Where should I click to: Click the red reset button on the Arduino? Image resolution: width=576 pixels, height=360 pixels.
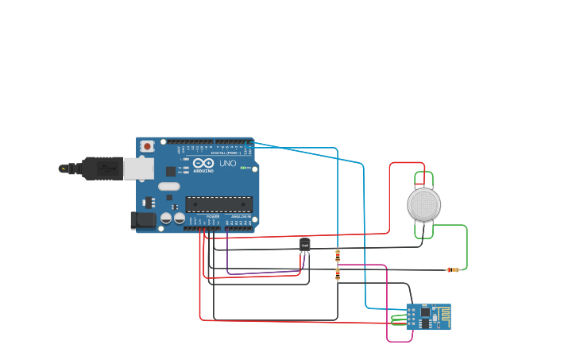pos(148,146)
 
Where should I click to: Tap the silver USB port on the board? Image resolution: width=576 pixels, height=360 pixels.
pos(138,168)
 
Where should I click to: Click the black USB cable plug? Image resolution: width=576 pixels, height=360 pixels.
pos(99,168)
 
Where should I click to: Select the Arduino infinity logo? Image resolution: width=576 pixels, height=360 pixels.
pos(198,164)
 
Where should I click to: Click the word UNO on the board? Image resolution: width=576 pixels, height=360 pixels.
pos(227,164)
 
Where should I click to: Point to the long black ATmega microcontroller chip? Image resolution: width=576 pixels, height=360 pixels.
pos(218,204)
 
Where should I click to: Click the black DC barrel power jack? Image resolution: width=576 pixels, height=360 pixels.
pos(144,220)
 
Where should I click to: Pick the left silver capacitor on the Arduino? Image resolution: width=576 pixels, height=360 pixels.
pos(167,217)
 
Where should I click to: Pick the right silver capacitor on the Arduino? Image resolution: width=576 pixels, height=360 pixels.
pos(180,217)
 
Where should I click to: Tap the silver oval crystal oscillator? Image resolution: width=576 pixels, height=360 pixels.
pos(169,187)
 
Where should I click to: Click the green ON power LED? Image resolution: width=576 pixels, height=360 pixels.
pos(245,168)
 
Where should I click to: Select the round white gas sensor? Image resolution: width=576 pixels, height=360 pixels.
pos(423,204)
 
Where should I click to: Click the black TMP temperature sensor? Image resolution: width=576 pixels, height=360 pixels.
pos(304,245)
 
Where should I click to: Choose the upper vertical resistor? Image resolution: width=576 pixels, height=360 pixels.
pos(338,255)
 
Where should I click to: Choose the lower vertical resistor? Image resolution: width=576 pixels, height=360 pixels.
pos(338,274)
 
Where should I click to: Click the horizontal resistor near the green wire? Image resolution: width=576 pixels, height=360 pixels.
pos(453,269)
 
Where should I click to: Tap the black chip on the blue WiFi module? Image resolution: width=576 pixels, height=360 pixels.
pos(425,313)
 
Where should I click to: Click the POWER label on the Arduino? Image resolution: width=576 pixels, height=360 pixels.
pos(213,216)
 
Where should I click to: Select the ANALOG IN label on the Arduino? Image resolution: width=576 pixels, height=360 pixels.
pos(241,216)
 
